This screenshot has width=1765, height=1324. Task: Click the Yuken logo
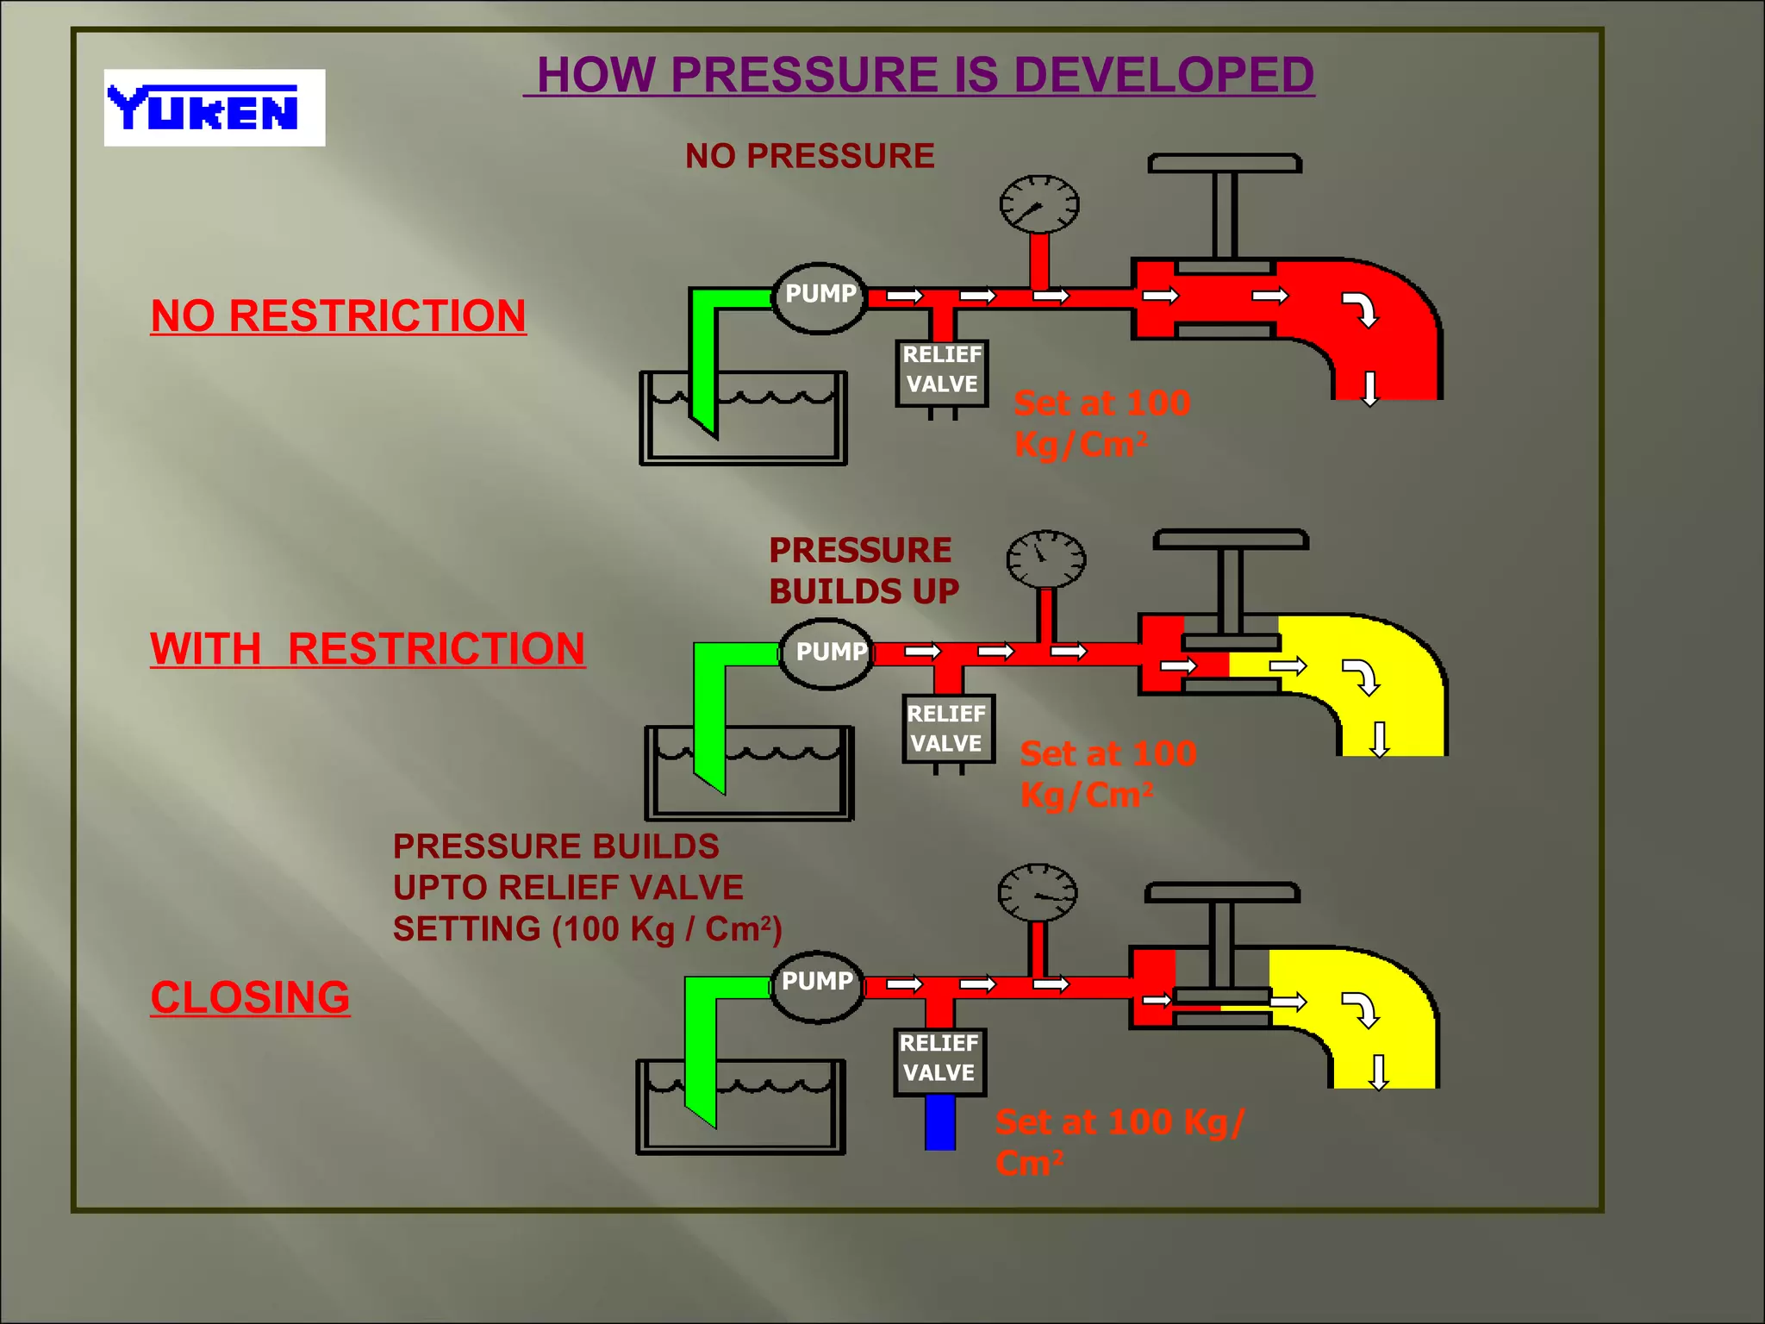pyautogui.click(x=214, y=108)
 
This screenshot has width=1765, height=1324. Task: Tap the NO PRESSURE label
pyautogui.click(x=809, y=156)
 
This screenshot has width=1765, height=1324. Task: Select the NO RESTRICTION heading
pyautogui.click(x=338, y=315)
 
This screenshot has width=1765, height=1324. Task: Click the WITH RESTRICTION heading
pyautogui.click(x=367, y=648)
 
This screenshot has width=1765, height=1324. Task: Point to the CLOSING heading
pyautogui.click(x=250, y=997)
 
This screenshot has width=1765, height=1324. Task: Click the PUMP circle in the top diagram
pyautogui.click(x=820, y=297)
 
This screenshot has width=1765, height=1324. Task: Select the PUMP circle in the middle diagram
pyautogui.click(x=827, y=653)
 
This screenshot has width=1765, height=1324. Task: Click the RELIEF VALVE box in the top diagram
pyautogui.click(x=942, y=372)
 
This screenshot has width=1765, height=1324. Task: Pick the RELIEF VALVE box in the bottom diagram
pyautogui.click(x=939, y=1060)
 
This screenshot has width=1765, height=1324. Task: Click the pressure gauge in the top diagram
pyautogui.click(x=1038, y=204)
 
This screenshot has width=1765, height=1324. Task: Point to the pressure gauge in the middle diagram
pyautogui.click(x=1045, y=559)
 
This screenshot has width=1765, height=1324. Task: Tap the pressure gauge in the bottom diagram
pyautogui.click(x=1037, y=893)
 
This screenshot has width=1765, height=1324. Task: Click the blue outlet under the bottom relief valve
pyautogui.click(x=940, y=1122)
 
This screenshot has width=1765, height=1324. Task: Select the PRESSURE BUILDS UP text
pyautogui.click(x=864, y=571)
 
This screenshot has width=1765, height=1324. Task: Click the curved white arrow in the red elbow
pyautogui.click(x=1362, y=309)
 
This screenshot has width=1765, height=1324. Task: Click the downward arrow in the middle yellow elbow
pyautogui.click(x=1380, y=739)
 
